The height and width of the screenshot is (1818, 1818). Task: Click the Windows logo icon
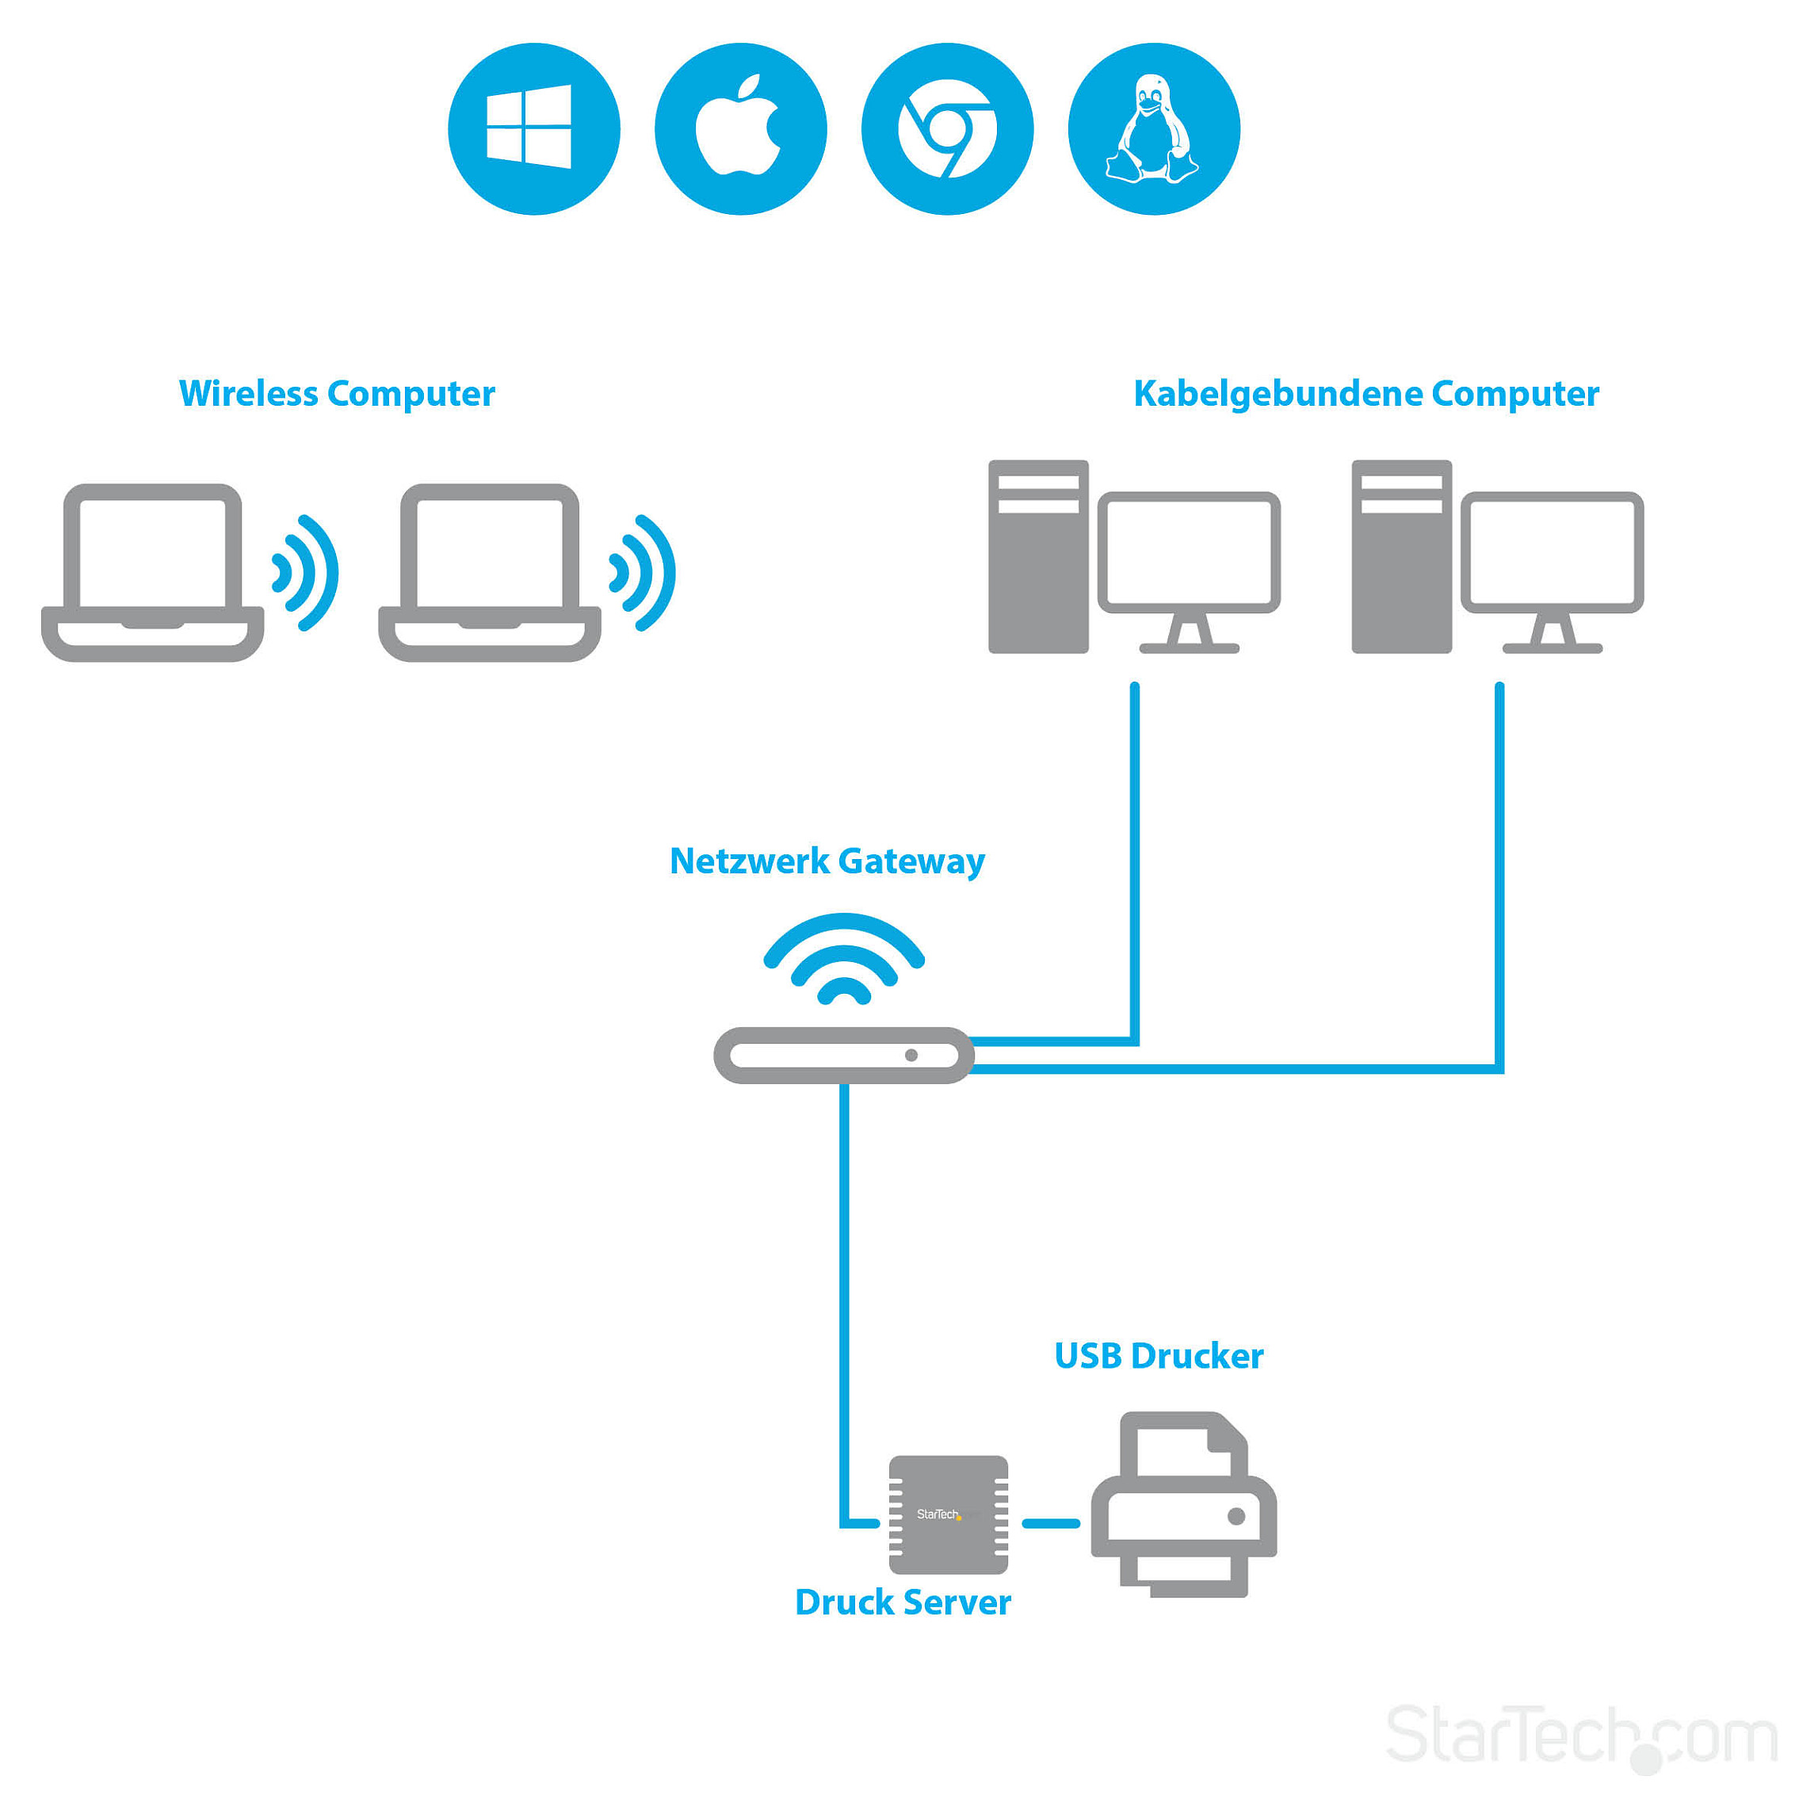pos(533,129)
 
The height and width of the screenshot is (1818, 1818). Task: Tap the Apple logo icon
pos(739,129)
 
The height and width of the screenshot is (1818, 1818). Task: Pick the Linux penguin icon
pos(1154,129)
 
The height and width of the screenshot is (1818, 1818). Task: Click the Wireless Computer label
pos(337,393)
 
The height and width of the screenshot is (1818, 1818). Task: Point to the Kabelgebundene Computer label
pos(1365,393)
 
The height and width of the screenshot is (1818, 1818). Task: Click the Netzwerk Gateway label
pos(827,861)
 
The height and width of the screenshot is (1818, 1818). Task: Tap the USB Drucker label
pos(1159,1356)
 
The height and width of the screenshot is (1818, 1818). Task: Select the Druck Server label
pos(903,1602)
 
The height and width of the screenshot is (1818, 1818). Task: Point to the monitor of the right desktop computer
pos(1552,556)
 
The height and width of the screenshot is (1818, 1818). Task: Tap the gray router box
pos(843,1055)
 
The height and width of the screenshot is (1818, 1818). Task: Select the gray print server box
pos(949,1515)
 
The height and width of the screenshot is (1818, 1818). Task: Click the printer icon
pos(1184,1506)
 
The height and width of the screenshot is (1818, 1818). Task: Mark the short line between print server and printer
pos(1050,1523)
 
